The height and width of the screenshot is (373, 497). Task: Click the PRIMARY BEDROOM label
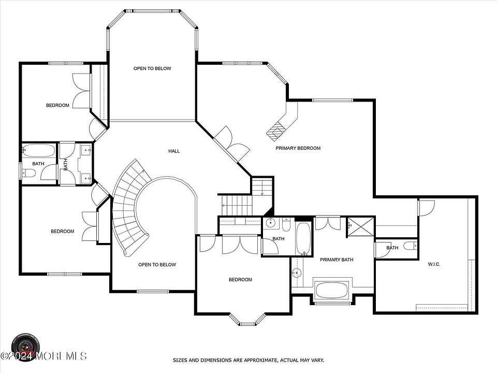(298, 148)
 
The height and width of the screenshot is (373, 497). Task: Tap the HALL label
(174, 151)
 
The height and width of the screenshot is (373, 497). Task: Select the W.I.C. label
(434, 264)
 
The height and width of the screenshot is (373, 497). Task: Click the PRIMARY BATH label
(337, 260)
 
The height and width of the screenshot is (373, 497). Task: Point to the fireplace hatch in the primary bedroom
(275, 131)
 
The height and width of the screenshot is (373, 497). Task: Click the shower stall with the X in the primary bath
(361, 227)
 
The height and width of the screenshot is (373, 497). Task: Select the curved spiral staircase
(129, 206)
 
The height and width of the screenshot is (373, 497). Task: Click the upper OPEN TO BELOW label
(152, 68)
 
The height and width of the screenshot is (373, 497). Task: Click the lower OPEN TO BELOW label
(157, 265)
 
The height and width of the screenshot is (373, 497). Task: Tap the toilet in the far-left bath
(28, 174)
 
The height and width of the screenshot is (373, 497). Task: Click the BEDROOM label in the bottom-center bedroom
(240, 280)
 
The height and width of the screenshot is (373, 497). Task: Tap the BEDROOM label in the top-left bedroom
(57, 105)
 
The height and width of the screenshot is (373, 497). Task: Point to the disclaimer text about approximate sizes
(248, 361)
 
